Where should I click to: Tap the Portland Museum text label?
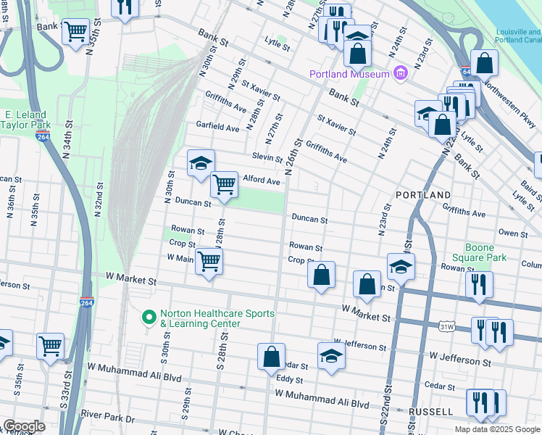click(x=349, y=74)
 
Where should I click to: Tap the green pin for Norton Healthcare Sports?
click(x=149, y=318)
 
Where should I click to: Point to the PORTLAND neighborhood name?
click(x=423, y=196)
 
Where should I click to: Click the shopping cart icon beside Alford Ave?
click(x=224, y=185)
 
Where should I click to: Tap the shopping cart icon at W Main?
click(x=209, y=261)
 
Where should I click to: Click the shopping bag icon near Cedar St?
click(x=271, y=357)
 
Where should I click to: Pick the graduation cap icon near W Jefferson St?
click(x=331, y=355)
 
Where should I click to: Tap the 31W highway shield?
click(x=446, y=327)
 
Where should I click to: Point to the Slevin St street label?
click(x=267, y=157)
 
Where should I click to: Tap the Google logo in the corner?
click(x=24, y=426)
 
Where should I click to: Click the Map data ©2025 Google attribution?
click(x=496, y=429)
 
